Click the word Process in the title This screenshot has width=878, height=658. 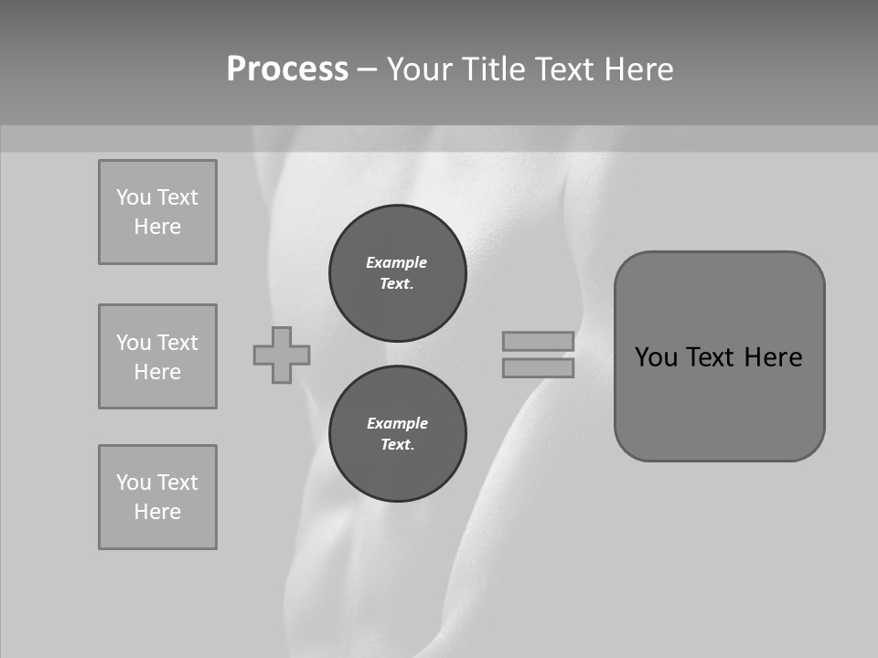[287, 69]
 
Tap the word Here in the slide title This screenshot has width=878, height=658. [637, 69]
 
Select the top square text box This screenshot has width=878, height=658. [157, 212]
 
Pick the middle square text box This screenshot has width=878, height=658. [157, 356]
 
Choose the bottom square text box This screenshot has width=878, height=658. [157, 497]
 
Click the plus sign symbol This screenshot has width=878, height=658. [282, 355]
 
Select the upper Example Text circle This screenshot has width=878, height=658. [397, 272]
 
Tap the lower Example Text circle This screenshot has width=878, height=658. [397, 433]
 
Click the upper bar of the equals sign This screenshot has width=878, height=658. [538, 341]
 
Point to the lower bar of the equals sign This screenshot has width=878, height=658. [538, 367]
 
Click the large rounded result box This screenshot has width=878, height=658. [719, 402]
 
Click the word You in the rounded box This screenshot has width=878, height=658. [657, 357]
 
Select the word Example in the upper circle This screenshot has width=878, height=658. [397, 262]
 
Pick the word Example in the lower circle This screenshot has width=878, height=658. [397, 423]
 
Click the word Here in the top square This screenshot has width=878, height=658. [157, 227]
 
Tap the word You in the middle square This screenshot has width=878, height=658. [134, 343]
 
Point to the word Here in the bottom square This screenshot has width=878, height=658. [157, 512]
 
